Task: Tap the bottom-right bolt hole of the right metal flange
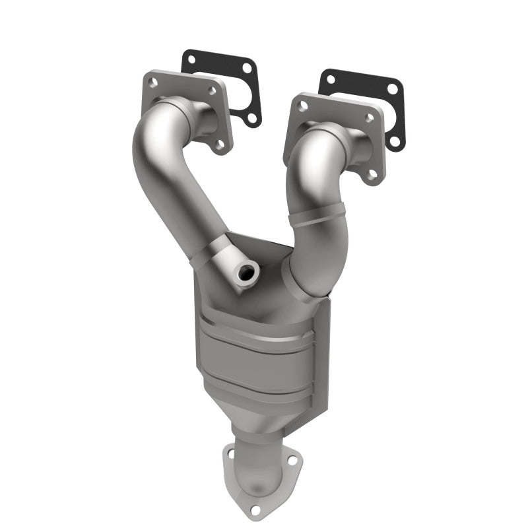pyautogui.click(x=374, y=173)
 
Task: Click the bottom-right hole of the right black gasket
pyautogui.click(x=395, y=141)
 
